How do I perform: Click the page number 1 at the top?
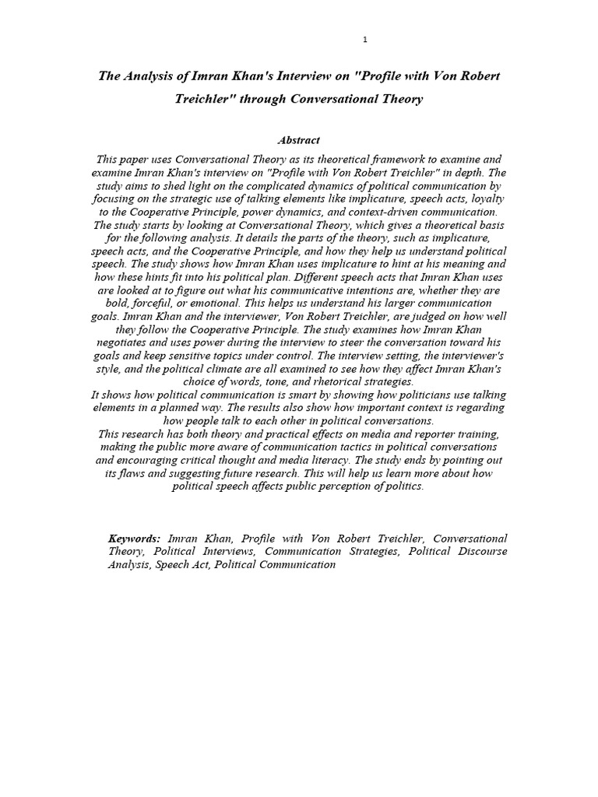pyautogui.click(x=365, y=39)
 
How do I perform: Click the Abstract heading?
pyautogui.click(x=299, y=140)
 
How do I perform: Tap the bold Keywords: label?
pyautogui.click(x=134, y=538)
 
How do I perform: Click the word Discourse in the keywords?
pyautogui.click(x=482, y=551)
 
